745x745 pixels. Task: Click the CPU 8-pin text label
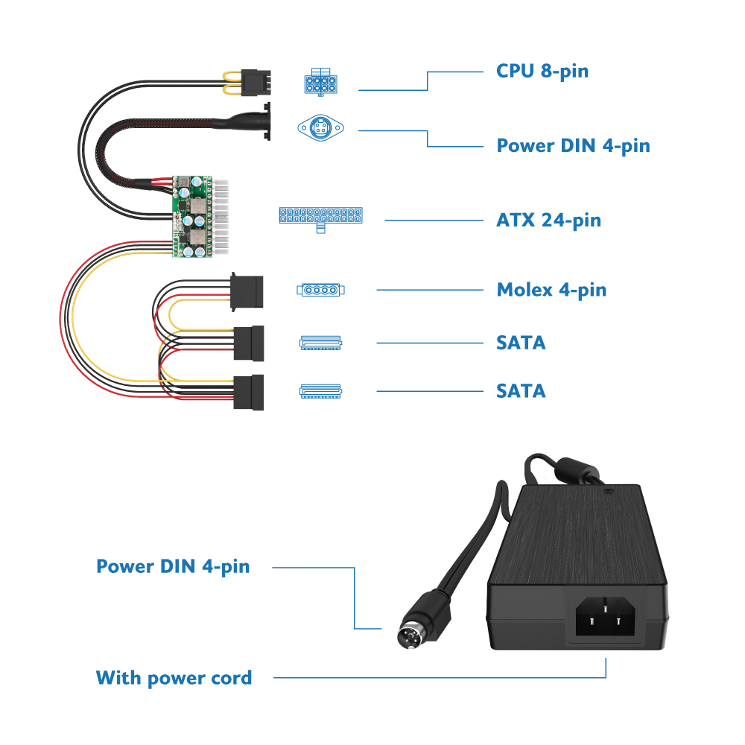(x=542, y=72)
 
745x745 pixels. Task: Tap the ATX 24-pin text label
(x=548, y=221)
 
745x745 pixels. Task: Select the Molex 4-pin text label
(x=551, y=290)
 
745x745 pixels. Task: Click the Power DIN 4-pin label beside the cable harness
(x=573, y=146)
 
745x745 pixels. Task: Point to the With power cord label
(x=174, y=678)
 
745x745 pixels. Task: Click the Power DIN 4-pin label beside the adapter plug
(x=173, y=567)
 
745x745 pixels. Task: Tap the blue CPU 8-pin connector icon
(x=320, y=82)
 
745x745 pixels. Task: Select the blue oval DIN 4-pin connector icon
(x=320, y=128)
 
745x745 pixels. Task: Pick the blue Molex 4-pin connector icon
(x=320, y=290)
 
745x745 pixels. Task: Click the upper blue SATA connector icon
(x=320, y=343)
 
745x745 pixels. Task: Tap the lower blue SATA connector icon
(x=320, y=391)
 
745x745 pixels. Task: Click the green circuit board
(x=192, y=217)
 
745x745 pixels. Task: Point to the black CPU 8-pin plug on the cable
(x=256, y=82)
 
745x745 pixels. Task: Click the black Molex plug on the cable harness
(x=247, y=292)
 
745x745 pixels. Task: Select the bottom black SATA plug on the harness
(x=249, y=393)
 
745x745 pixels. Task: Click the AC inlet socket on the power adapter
(x=605, y=616)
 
